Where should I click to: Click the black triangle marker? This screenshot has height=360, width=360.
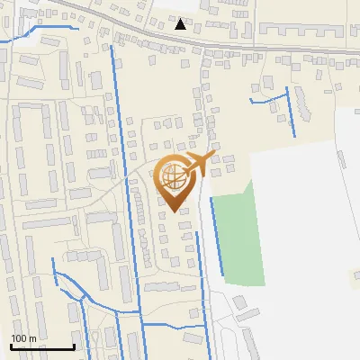[181, 24]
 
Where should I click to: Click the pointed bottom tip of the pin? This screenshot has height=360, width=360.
[175, 211]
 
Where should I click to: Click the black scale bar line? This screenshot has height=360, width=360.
[41, 346]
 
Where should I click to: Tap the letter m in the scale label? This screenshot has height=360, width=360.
[32, 338]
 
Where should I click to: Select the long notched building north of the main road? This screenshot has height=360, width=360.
[297, 31]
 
